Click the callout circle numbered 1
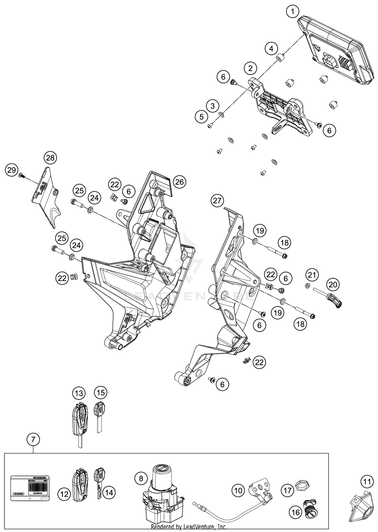pyautogui.click(x=292, y=11)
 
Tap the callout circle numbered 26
pyautogui.click(x=179, y=182)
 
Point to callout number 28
pyautogui.click(x=50, y=158)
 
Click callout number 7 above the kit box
pyautogui.click(x=33, y=440)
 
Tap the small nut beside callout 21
pyautogui.click(x=307, y=286)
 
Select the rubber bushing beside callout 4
pyautogui.click(x=279, y=58)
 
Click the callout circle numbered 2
pyautogui.click(x=250, y=68)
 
